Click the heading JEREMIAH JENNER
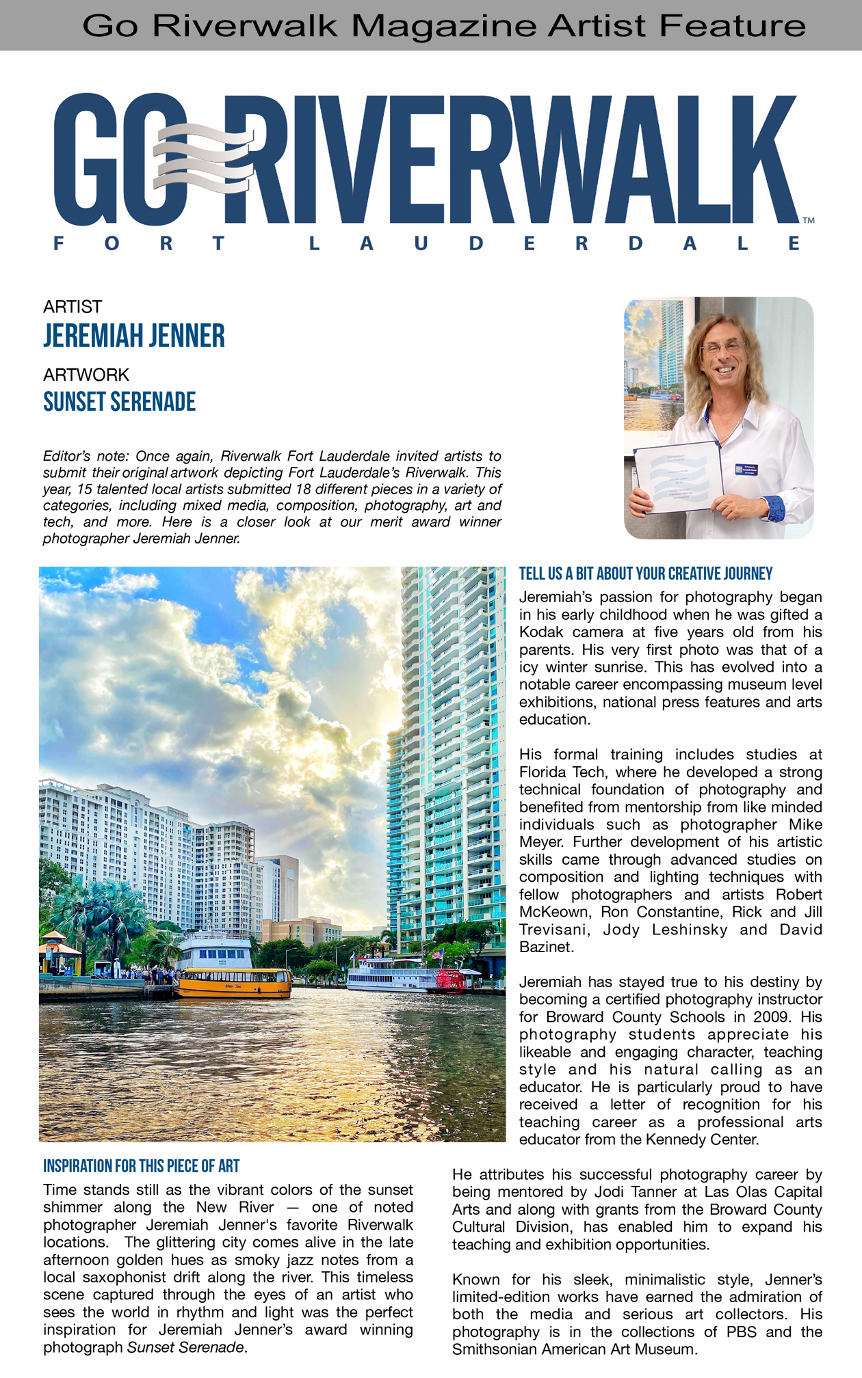pos(134,336)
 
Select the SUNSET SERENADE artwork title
pos(120,402)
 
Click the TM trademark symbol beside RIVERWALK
pos(808,221)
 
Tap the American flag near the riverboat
pos(437,954)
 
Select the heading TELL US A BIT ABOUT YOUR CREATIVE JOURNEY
pos(646,573)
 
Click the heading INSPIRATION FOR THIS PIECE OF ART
pos(142,1166)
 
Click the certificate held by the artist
pos(678,476)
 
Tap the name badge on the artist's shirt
pos(747,469)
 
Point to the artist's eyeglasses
pos(722,347)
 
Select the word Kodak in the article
pos(540,632)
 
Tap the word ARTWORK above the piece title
pos(86,375)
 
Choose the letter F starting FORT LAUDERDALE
pos(59,243)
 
